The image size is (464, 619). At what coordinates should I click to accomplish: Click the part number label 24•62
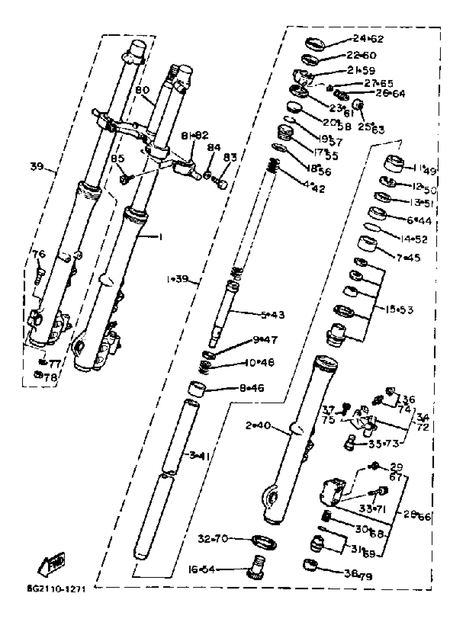tap(368, 39)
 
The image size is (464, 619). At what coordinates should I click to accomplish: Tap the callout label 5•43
tap(272, 315)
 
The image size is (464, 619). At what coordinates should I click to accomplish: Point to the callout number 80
tap(142, 90)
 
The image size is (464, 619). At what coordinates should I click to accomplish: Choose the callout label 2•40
tap(258, 426)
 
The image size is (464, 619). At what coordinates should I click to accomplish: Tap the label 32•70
tap(213, 538)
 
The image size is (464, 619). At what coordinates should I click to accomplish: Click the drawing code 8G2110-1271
tap(56, 589)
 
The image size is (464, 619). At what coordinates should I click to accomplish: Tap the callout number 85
tap(117, 159)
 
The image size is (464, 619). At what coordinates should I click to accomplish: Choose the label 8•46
tap(251, 388)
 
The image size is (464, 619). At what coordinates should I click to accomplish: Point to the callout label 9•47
tap(265, 340)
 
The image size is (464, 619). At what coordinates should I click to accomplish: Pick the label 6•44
tap(419, 221)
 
